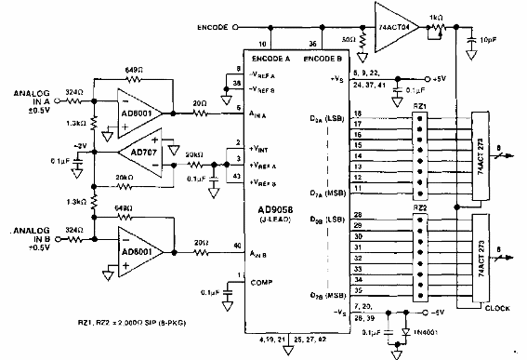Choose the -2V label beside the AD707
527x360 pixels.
[81, 145]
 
